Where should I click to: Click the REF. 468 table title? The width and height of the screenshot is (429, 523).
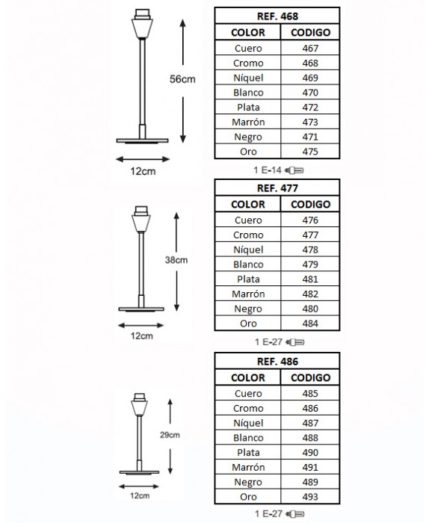[x=277, y=16]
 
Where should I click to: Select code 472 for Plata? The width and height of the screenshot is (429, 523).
[x=310, y=108]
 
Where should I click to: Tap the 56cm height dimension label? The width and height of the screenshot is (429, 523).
[x=182, y=79]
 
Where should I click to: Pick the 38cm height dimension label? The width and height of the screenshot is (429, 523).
[x=176, y=260]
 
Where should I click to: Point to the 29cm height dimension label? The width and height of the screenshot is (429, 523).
[x=170, y=435]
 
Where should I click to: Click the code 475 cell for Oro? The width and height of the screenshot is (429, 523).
[x=310, y=152]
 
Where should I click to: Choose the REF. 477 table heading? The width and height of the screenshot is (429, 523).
[x=277, y=188]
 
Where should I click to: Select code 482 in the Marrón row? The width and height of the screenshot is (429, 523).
[x=310, y=294]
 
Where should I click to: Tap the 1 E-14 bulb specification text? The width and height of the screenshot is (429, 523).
[x=268, y=170]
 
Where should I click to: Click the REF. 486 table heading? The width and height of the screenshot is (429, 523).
[x=277, y=362]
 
